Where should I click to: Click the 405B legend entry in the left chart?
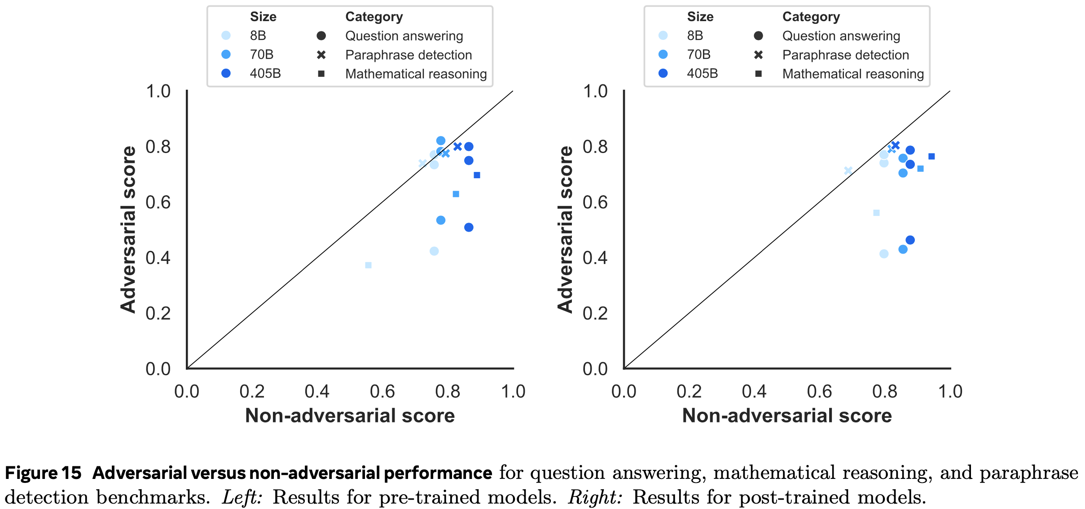coord(265,73)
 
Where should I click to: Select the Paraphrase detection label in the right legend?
coord(845,55)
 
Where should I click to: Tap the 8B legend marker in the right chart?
coord(663,35)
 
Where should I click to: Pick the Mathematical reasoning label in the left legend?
coord(416,74)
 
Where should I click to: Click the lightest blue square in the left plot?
coord(368,265)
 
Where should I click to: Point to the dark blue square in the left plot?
coord(477,175)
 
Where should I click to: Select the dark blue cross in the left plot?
coord(457,146)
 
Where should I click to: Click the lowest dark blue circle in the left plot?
coord(469,228)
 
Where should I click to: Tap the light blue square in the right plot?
coord(876,213)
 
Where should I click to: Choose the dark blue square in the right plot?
coord(931,156)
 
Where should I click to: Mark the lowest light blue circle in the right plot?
coord(884,254)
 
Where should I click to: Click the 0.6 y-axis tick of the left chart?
coord(158,202)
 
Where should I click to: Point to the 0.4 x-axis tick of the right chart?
coord(754,391)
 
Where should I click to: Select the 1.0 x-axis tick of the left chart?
coord(513,391)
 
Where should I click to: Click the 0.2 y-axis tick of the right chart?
coord(595,313)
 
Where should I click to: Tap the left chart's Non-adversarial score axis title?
coord(350,416)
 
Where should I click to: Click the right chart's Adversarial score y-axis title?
coord(565,229)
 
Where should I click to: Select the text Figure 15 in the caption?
coord(43,473)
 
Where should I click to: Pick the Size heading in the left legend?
coord(263,17)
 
